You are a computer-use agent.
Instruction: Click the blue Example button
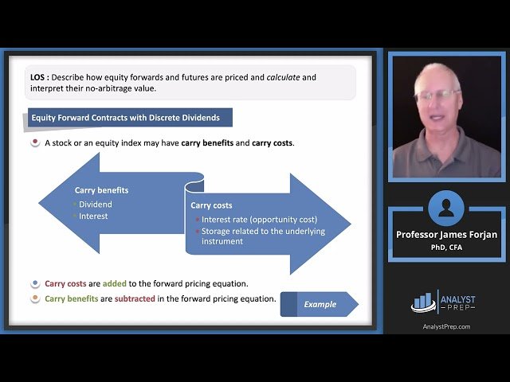319,304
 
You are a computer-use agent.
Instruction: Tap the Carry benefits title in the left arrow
101,190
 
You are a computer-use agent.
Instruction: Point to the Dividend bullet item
95,204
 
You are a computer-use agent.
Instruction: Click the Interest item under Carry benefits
92,216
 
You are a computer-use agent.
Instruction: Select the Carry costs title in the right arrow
211,205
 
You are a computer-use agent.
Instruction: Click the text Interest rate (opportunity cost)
259,220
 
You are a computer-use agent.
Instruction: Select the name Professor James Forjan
445,235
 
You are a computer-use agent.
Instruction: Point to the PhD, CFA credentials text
445,247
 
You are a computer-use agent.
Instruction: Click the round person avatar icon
445,209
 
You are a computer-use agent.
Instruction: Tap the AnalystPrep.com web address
445,326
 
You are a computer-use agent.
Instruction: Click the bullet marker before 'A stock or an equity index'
35,143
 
